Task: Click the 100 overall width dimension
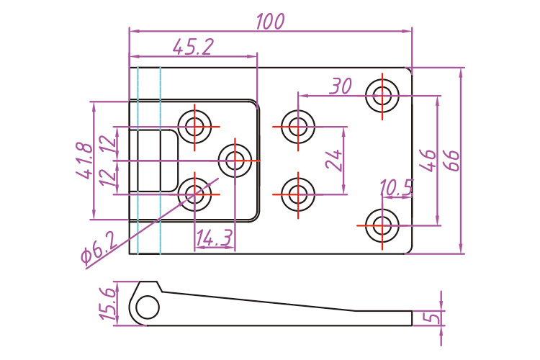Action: (x=270, y=22)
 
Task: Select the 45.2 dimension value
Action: (x=193, y=47)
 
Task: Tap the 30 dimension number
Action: (x=340, y=86)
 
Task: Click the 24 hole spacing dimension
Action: (x=333, y=159)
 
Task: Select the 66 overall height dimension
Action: (x=452, y=159)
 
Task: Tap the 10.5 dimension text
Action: (x=396, y=189)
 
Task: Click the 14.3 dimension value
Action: (x=214, y=238)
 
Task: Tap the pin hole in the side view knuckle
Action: (x=147, y=308)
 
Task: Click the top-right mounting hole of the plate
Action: (x=382, y=94)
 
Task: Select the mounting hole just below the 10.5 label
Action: (x=382, y=225)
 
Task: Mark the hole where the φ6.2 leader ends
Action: (x=194, y=192)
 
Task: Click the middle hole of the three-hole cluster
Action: (x=234, y=159)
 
